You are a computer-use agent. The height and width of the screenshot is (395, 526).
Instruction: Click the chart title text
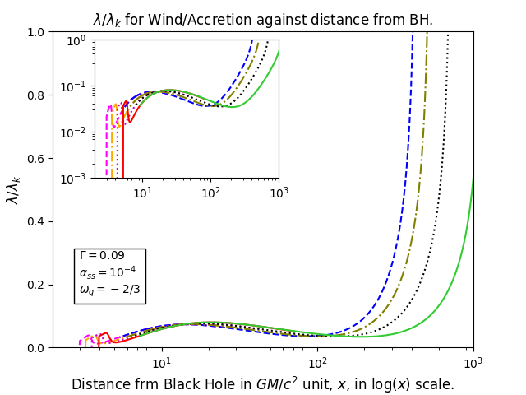pos(263,20)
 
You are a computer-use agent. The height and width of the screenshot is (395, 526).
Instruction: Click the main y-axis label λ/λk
pos(13,190)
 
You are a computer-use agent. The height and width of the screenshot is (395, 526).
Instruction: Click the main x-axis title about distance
pos(263,384)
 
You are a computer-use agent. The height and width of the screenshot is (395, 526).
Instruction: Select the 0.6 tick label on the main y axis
pos(37,159)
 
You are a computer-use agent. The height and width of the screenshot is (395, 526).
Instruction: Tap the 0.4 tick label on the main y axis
pos(37,221)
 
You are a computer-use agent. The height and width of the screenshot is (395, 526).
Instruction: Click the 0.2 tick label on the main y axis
pos(37,286)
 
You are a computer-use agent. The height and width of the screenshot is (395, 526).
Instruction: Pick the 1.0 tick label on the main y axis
pos(37,32)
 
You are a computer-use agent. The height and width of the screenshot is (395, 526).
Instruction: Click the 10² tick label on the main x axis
pos(318,362)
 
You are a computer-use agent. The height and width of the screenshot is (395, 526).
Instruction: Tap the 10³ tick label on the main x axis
pos(473,362)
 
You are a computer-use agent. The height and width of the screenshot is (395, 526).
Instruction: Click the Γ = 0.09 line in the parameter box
pos(102,255)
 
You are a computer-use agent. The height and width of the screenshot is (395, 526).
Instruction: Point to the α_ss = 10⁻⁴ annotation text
pos(108,272)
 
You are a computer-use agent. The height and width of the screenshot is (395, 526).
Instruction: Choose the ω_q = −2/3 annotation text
pos(109,289)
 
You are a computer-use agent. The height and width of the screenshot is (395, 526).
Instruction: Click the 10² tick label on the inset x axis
pos(211,193)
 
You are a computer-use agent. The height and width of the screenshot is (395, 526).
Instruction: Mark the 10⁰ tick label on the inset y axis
pos(80,41)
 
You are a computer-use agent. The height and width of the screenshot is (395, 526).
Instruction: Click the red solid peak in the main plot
pos(106,333)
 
